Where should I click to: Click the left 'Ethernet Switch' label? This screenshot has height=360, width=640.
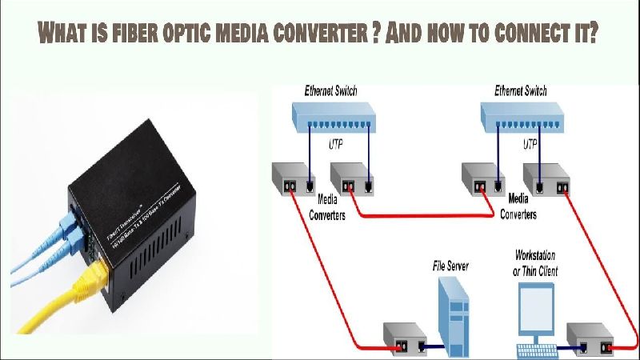330,91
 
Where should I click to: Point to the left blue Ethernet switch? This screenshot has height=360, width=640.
336,118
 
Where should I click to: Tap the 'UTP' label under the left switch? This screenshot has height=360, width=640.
338,146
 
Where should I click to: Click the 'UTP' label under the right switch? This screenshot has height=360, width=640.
530,146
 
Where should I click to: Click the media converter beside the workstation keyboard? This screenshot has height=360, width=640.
589,339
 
